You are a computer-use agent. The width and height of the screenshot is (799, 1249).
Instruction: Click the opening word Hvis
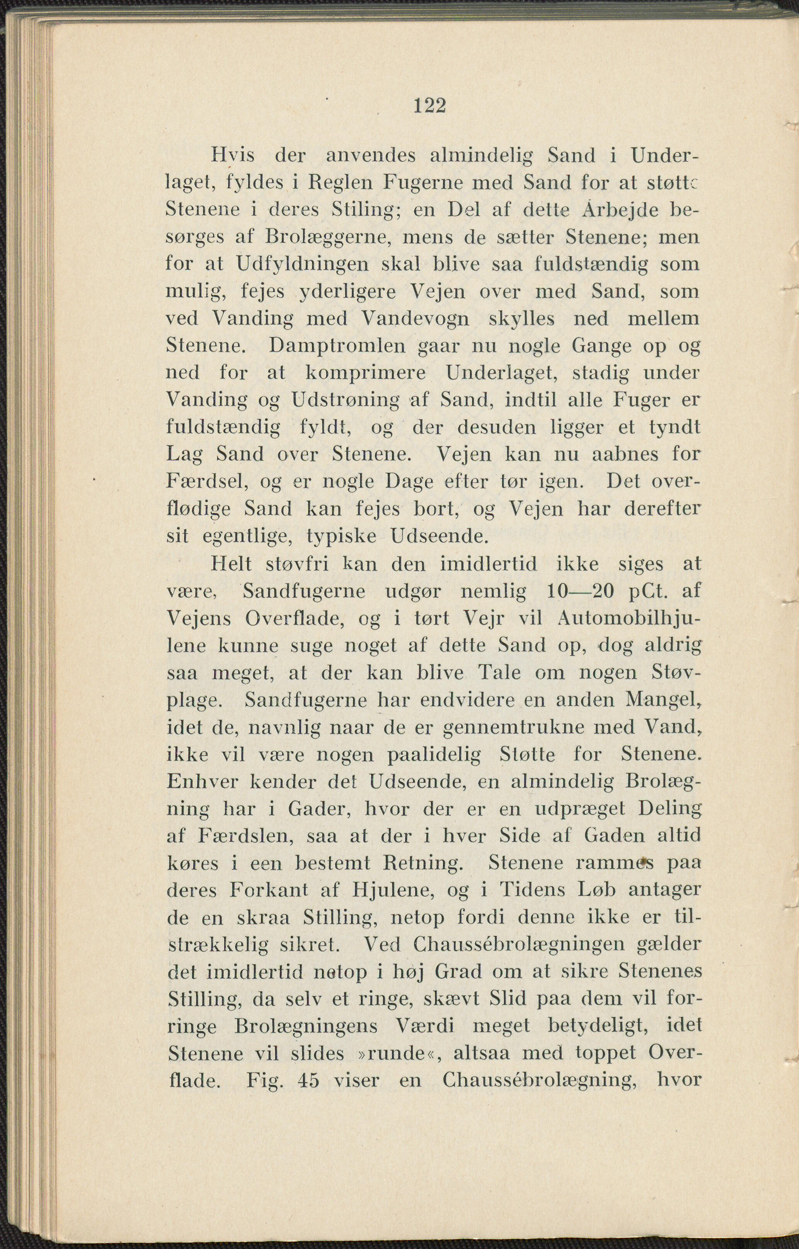point(232,156)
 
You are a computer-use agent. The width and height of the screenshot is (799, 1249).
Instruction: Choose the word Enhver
point(201,782)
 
